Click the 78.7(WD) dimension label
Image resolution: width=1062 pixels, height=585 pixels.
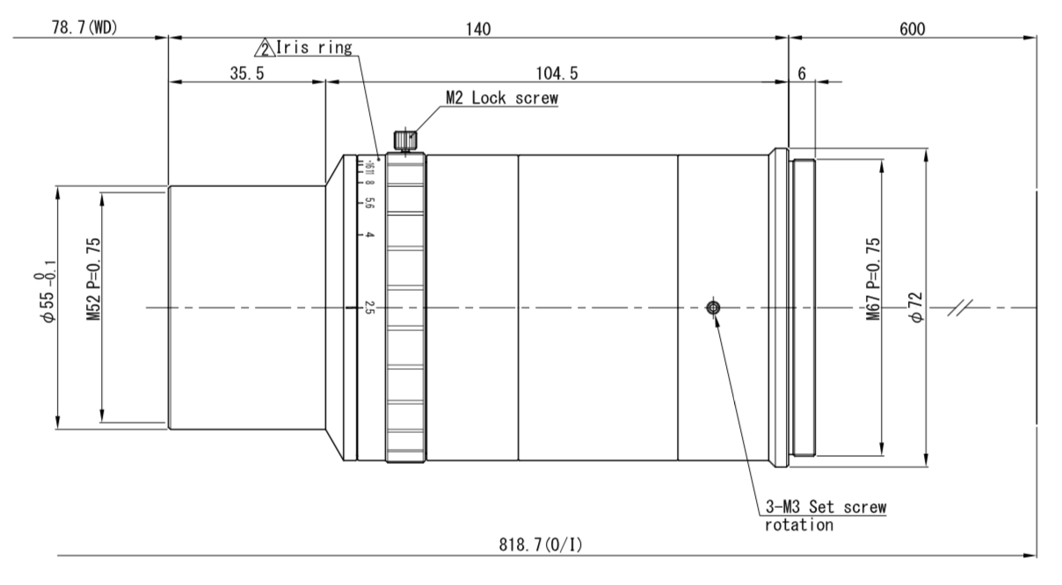click(x=84, y=28)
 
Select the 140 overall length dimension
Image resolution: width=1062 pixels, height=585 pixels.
click(x=477, y=28)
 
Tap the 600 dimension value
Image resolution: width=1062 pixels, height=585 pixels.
click(x=912, y=28)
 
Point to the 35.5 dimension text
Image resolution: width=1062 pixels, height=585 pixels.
click(x=247, y=73)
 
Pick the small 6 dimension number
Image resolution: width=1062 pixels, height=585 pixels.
click(x=802, y=73)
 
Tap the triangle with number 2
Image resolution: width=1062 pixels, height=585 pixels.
click(x=265, y=47)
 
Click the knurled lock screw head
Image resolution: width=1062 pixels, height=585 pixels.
click(x=405, y=139)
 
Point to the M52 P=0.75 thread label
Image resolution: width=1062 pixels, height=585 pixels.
click(x=93, y=278)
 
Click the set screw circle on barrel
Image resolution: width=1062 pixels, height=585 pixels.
click(x=714, y=307)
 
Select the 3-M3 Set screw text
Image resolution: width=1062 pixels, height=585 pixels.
click(x=826, y=508)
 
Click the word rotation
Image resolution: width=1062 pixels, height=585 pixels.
click(x=798, y=525)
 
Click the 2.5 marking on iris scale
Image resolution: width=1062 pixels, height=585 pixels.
click(x=370, y=307)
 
